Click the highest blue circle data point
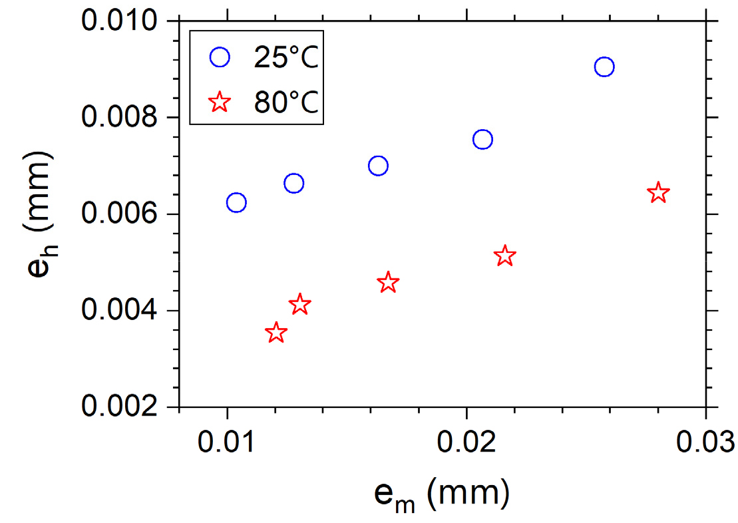tap(604, 67)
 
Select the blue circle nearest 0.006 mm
tap(236, 202)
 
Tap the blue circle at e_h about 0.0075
tap(482, 139)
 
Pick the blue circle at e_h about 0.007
tap(378, 166)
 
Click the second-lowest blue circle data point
tap(293, 183)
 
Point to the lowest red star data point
tap(276, 333)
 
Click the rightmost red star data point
tap(658, 192)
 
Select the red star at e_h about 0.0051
tap(505, 256)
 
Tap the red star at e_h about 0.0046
tap(388, 282)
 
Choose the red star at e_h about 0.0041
tap(300, 304)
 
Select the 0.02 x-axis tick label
tap(466, 441)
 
